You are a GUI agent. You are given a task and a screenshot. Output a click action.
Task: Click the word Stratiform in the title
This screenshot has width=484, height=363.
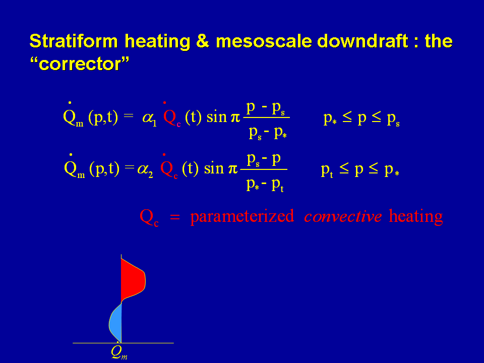[x=74, y=41]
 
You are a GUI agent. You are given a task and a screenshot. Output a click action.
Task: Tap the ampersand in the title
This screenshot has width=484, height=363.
[x=203, y=41]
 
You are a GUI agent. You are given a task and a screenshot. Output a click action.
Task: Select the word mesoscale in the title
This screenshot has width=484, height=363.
[x=264, y=41]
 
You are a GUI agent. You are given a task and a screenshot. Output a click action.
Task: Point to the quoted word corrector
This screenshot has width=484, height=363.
[x=79, y=64]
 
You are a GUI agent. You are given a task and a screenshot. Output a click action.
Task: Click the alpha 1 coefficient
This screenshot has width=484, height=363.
[x=150, y=118]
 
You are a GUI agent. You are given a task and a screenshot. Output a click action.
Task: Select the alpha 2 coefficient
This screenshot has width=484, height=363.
[x=145, y=170]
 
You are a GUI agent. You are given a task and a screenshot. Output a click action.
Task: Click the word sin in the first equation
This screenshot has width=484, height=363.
[x=216, y=117]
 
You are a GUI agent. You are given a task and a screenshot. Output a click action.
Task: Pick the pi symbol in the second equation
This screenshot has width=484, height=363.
[x=233, y=169]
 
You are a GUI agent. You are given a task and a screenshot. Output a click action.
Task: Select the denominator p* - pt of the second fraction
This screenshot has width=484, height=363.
[x=265, y=185]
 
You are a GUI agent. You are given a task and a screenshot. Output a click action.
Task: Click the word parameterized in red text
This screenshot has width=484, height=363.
[x=242, y=216]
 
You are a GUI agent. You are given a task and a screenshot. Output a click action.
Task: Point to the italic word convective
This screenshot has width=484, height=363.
[x=343, y=216]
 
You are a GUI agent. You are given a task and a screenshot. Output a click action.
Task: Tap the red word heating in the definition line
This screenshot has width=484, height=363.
[x=416, y=217]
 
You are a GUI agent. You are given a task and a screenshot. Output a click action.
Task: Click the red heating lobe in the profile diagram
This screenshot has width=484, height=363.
[x=132, y=280]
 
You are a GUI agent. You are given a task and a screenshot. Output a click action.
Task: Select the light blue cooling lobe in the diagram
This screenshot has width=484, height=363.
[x=116, y=323]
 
